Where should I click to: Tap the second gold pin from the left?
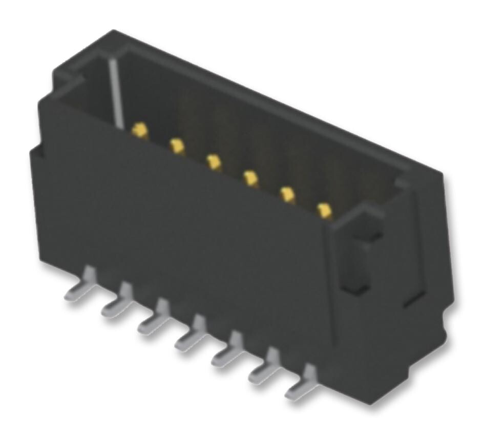(x=177, y=147)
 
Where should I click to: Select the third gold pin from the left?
(x=214, y=162)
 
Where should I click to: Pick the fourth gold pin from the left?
(x=250, y=178)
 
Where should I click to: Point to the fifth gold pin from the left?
(x=287, y=194)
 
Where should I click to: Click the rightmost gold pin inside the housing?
(x=324, y=210)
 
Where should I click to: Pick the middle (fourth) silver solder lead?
(x=191, y=336)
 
